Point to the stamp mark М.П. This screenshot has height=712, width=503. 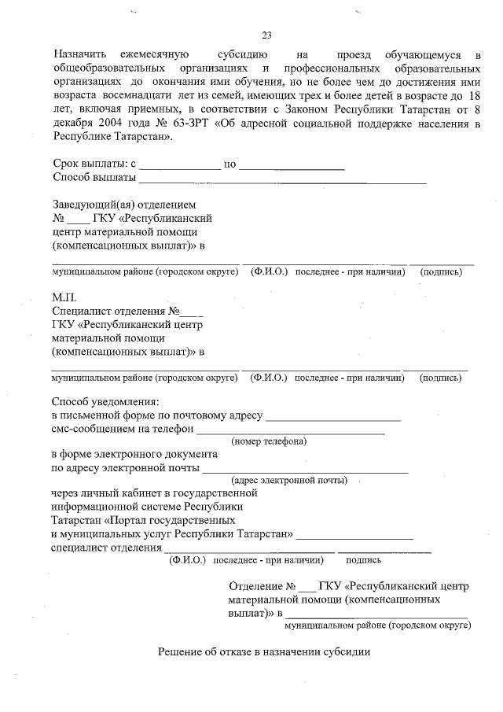click(x=63, y=297)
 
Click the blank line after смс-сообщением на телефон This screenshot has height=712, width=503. click(x=290, y=431)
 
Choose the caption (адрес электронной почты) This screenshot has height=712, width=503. click(x=289, y=479)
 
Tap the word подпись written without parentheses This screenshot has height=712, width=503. click(x=363, y=560)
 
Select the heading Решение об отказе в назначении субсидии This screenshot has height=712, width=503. click(x=263, y=652)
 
